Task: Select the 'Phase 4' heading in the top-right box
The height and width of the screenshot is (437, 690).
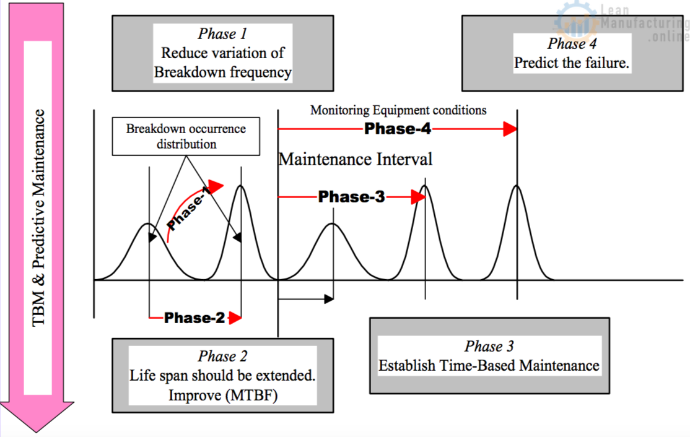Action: click(572, 43)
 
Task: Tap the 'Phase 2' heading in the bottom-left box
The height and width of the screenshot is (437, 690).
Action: click(222, 357)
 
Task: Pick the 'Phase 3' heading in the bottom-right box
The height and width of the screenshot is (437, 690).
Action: click(489, 346)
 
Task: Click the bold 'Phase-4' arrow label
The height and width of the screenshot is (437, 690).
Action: click(397, 129)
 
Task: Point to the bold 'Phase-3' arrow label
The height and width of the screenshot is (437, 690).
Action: click(351, 197)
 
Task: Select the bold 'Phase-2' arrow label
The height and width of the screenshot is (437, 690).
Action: click(194, 318)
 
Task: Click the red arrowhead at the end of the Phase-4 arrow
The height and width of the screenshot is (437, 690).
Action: click(510, 129)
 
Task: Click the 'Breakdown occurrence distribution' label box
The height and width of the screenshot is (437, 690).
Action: click(186, 136)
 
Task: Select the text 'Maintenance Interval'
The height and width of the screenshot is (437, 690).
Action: click(355, 159)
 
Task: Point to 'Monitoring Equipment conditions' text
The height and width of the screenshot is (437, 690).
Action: click(398, 110)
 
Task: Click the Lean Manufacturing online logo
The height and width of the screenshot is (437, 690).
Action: click(619, 22)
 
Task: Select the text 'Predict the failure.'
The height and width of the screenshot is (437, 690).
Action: click(572, 63)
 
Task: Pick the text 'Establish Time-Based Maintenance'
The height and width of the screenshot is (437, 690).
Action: click(489, 365)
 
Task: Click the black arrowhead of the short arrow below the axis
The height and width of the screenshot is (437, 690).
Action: click(328, 300)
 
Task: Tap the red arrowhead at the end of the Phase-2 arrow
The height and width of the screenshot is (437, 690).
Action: click(235, 318)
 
